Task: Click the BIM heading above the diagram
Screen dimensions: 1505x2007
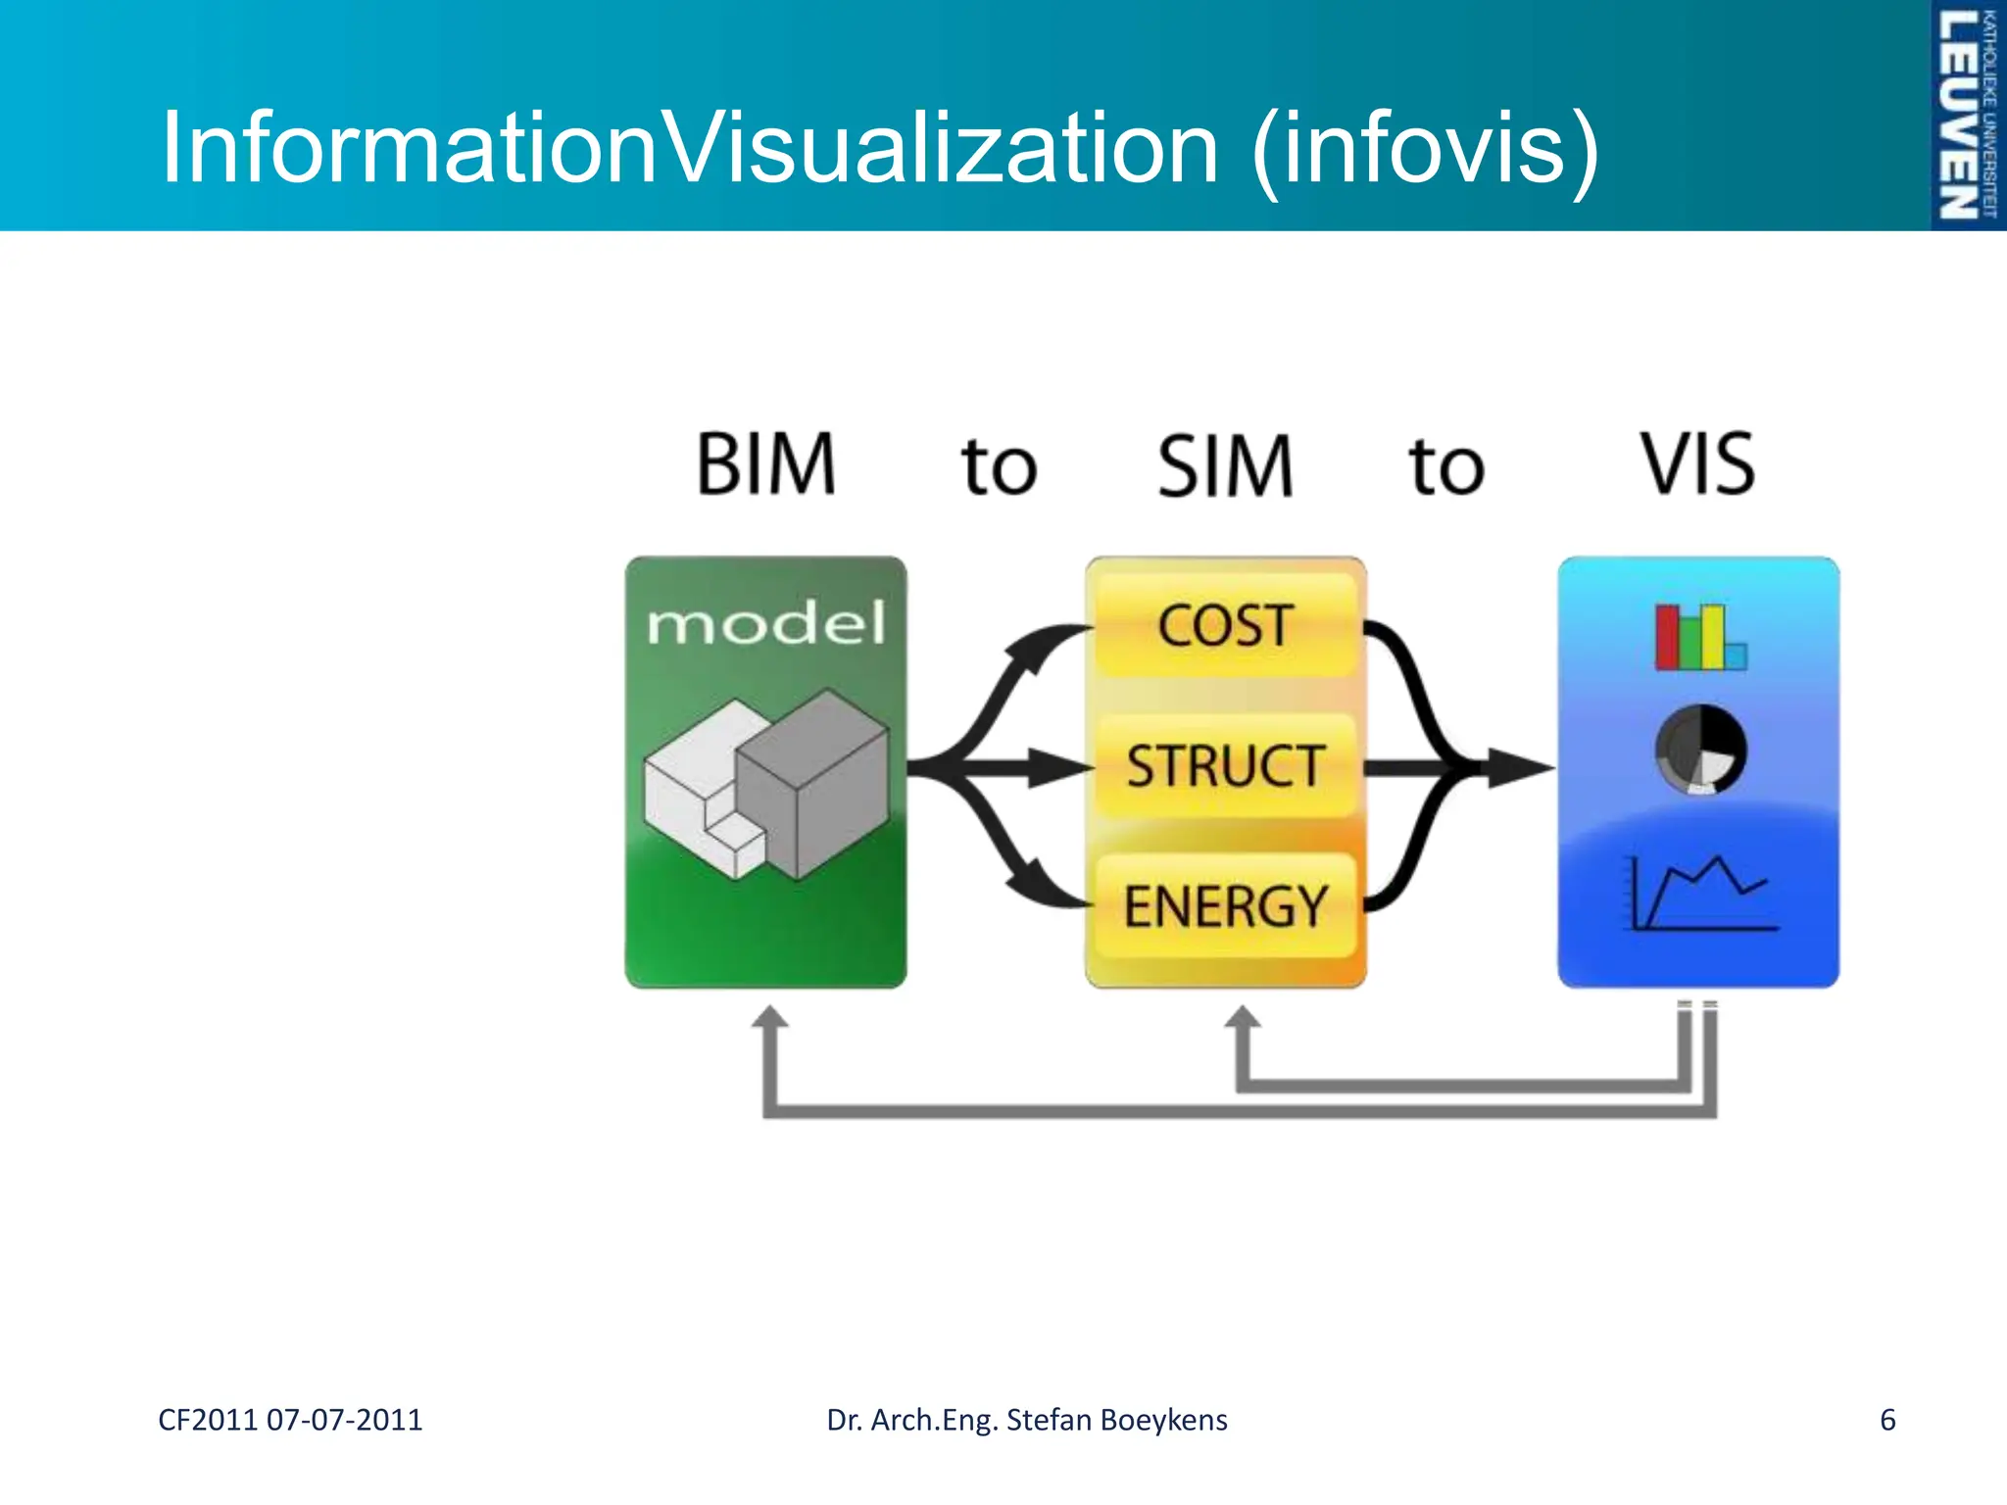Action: tap(765, 464)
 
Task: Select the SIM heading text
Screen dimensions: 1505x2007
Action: tap(1225, 466)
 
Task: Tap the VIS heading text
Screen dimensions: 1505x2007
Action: tap(1698, 464)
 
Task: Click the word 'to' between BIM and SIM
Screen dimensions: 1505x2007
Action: tap(999, 467)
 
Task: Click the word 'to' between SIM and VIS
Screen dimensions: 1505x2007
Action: tap(1446, 467)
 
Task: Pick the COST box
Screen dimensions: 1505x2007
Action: tap(1225, 625)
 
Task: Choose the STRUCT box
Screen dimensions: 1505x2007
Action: tap(1225, 766)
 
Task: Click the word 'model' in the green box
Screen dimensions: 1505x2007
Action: tap(765, 624)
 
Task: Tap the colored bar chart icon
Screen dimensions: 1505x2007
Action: tap(1699, 638)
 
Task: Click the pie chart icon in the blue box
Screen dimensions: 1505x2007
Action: tap(1700, 750)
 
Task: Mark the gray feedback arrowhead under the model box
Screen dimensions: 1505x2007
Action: tap(770, 1019)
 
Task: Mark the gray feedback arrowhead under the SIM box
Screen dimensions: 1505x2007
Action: tap(1244, 1019)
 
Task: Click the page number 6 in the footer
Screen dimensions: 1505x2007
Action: tap(1887, 1420)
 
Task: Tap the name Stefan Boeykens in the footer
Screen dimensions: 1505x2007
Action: tap(1116, 1420)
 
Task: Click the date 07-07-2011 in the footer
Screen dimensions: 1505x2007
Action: tap(344, 1420)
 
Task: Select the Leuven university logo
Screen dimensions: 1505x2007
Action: tap(1967, 115)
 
